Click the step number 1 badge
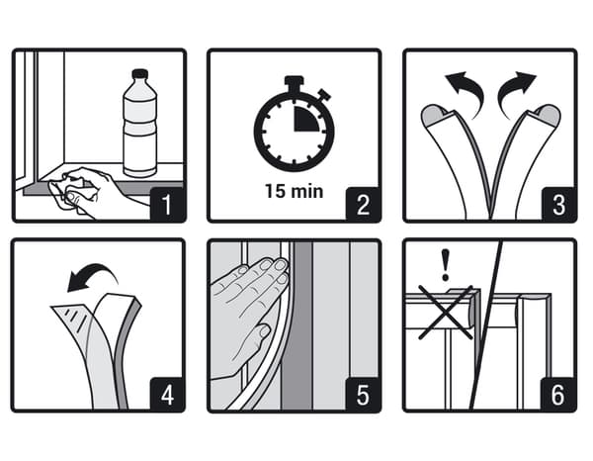pyautogui.click(x=168, y=204)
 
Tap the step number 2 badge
pyautogui.click(x=363, y=204)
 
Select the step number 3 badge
pyautogui.click(x=559, y=204)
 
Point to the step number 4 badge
pyautogui.click(x=167, y=394)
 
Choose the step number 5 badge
pyautogui.click(x=363, y=394)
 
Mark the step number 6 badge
pyautogui.click(x=558, y=394)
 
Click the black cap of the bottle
pyautogui.click(x=140, y=73)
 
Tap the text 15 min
pyautogui.click(x=294, y=191)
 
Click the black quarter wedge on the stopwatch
pyautogui.click(x=306, y=119)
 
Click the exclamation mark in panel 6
pyautogui.click(x=446, y=264)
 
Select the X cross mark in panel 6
pyautogui.click(x=446, y=313)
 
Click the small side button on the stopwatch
pyautogui.click(x=324, y=95)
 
